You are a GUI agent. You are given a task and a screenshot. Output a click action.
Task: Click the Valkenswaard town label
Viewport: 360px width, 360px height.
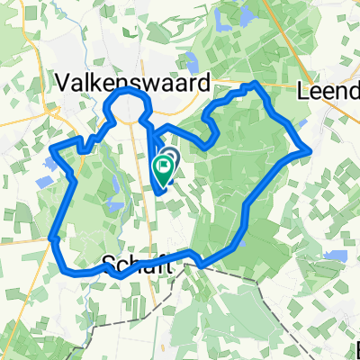(134, 83)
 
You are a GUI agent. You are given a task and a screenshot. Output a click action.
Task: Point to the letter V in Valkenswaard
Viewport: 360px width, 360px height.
(64, 83)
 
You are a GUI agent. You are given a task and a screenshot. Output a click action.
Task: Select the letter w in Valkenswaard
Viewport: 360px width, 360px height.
(154, 84)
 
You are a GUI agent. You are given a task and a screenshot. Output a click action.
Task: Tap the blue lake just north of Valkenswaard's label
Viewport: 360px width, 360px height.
(192, 62)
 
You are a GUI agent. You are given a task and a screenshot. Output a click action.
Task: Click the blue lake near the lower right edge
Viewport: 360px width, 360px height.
(334, 256)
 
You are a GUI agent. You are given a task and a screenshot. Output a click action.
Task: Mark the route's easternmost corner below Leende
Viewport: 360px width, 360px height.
(310, 150)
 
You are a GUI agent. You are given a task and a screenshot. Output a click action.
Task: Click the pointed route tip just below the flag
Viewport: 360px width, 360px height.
(158, 191)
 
